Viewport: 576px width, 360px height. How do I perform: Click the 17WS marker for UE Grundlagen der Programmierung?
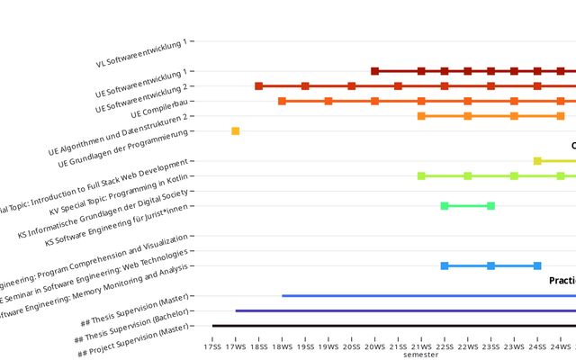pos(236,131)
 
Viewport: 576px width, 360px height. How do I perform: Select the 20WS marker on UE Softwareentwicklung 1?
pos(374,71)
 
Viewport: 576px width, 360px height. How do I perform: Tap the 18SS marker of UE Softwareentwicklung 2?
pos(258,86)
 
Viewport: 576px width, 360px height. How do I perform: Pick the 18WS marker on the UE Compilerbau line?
pos(282,101)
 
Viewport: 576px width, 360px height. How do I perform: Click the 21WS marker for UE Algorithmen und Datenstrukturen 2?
pos(421,116)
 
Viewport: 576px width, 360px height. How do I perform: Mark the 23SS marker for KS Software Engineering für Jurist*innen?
pos(490,206)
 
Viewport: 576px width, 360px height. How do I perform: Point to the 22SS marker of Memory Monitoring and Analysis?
pos(445,265)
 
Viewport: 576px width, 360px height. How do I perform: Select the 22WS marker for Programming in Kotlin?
pos(467,175)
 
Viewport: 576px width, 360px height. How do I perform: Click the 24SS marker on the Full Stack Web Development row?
pos(537,161)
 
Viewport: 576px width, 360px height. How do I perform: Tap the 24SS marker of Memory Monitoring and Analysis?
pos(537,265)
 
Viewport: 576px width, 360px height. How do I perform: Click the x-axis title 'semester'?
pos(421,355)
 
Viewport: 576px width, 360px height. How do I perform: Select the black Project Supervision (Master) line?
pos(387,326)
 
